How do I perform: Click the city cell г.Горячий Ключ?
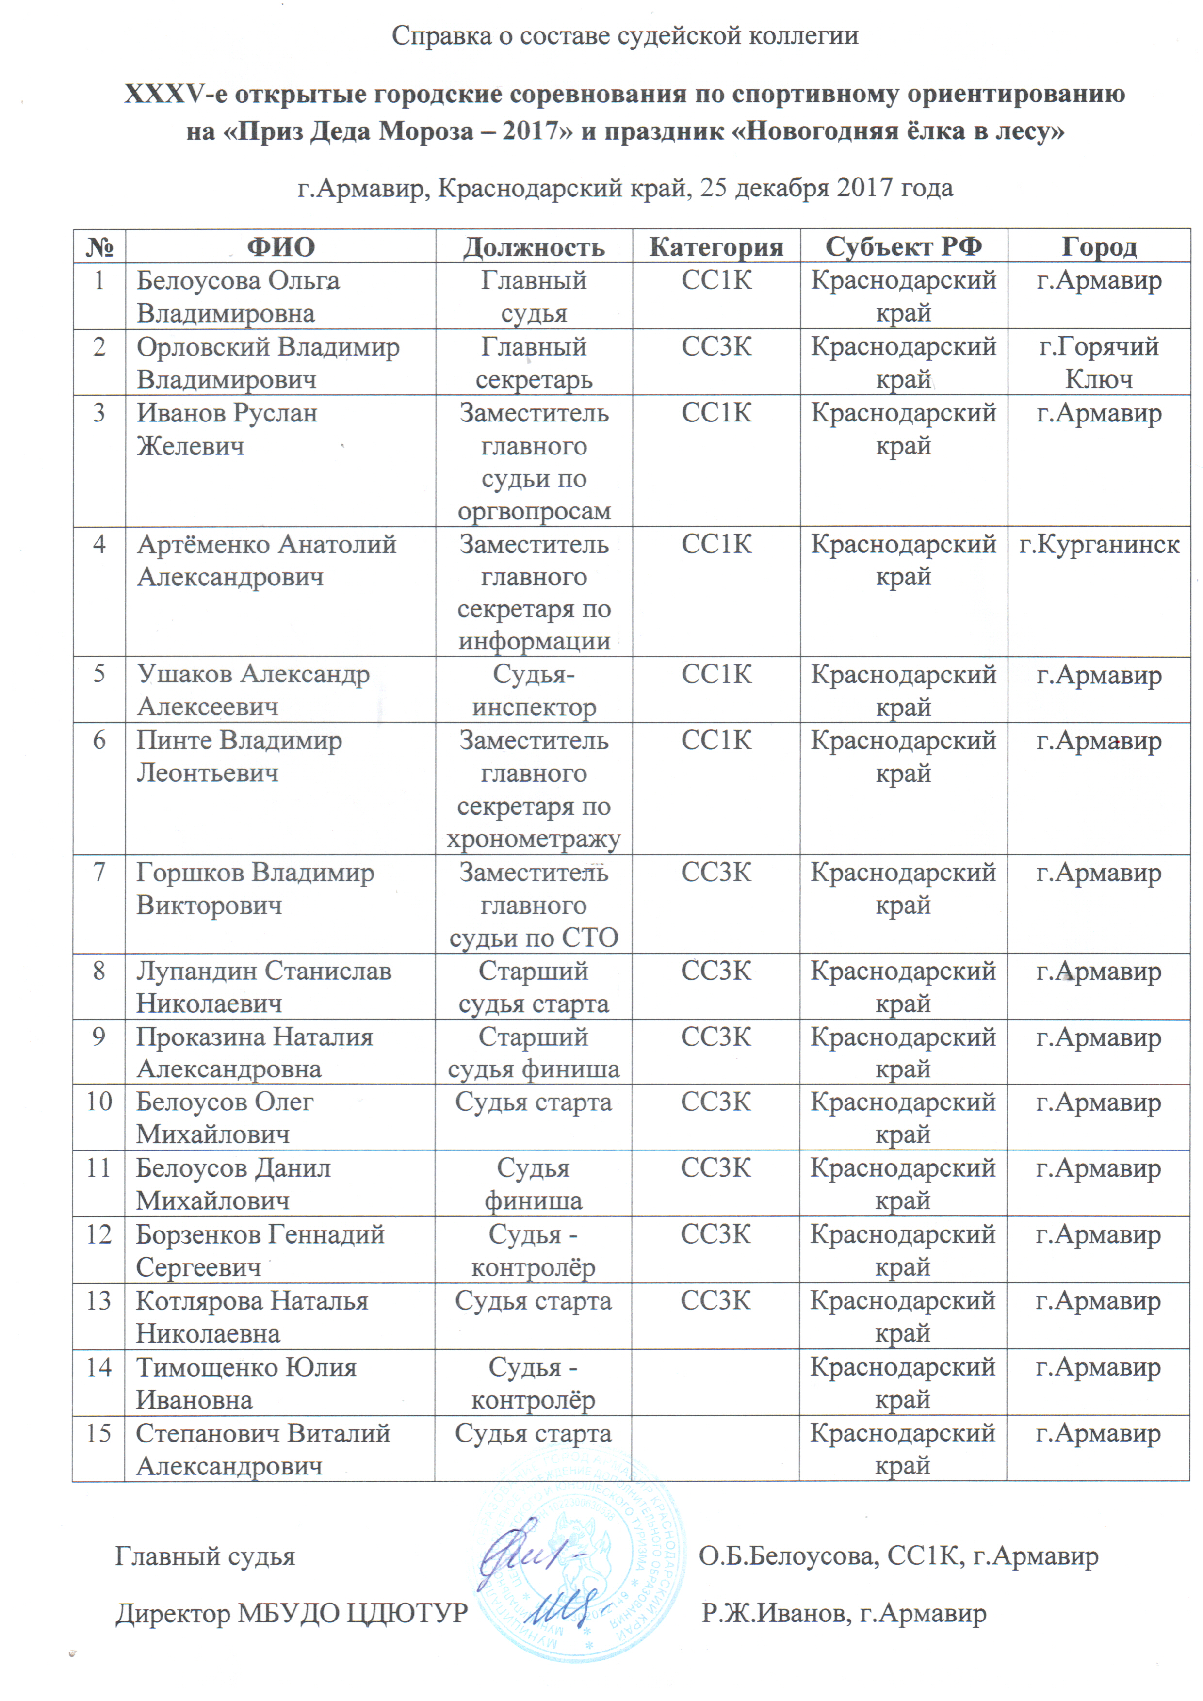(x=1099, y=362)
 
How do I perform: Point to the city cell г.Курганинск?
(x=1099, y=545)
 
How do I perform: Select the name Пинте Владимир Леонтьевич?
(x=239, y=757)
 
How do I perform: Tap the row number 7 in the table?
(x=98, y=872)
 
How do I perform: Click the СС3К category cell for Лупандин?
(x=715, y=971)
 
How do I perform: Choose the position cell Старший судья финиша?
(x=534, y=1052)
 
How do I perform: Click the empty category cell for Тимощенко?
(x=715, y=1382)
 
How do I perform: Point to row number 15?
(x=98, y=1433)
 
